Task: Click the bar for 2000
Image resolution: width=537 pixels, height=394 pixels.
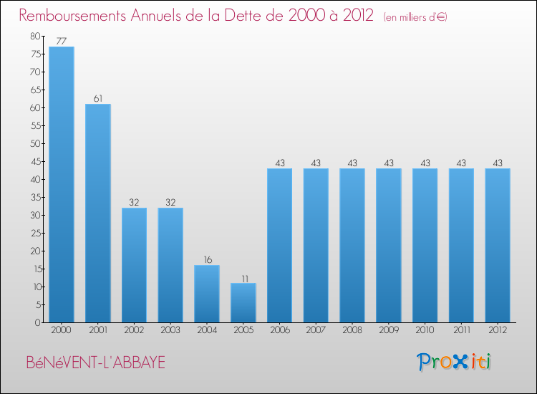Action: (62, 185)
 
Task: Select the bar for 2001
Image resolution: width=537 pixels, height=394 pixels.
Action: (98, 213)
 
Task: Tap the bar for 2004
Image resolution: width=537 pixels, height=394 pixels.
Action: (207, 294)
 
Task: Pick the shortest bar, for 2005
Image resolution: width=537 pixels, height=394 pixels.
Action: (243, 303)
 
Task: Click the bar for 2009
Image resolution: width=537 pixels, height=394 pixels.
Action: (389, 246)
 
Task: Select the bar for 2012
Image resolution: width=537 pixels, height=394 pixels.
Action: (498, 246)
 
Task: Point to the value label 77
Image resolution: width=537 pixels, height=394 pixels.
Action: (62, 42)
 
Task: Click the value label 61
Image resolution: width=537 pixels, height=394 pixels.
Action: (98, 99)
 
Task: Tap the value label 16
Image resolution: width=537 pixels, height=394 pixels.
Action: (207, 260)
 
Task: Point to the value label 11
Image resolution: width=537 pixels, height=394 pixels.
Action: (243, 278)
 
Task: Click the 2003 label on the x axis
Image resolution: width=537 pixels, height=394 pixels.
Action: (170, 330)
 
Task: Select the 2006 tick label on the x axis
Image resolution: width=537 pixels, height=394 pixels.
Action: (280, 330)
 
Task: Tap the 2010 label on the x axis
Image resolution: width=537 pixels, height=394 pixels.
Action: (425, 330)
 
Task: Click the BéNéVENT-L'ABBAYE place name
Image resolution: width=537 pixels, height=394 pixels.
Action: (95, 363)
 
